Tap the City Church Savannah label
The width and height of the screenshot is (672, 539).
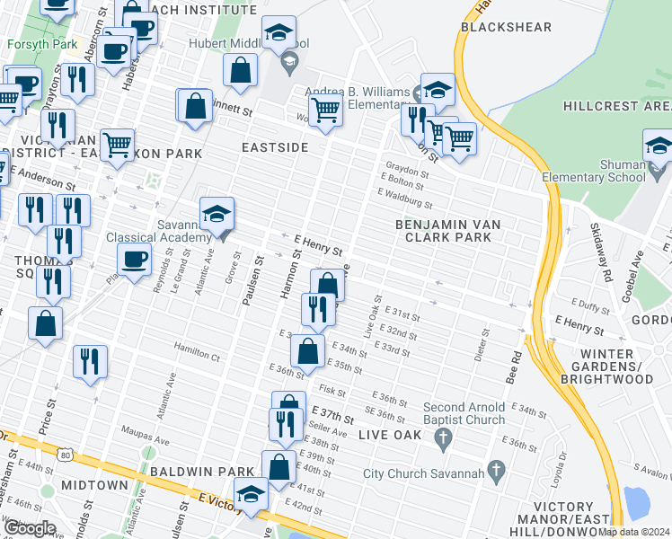[423, 473]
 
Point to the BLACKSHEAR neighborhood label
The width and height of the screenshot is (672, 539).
[499, 27]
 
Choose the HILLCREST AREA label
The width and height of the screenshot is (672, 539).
[617, 106]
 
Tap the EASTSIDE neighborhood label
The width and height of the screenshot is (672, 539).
[275, 146]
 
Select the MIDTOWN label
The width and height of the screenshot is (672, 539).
[95, 485]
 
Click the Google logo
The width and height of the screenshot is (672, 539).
[29, 528]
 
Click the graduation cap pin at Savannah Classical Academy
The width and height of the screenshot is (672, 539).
[217, 214]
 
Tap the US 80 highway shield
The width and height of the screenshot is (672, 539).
[66, 455]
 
